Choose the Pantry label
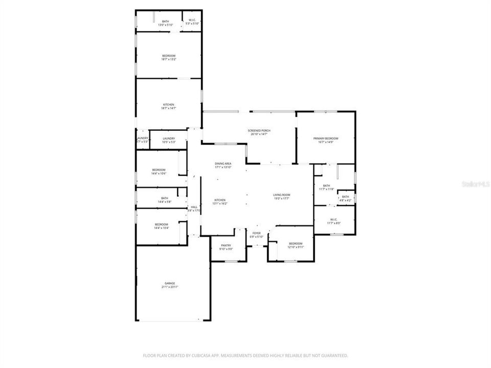point(226,247)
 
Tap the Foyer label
point(256,235)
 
